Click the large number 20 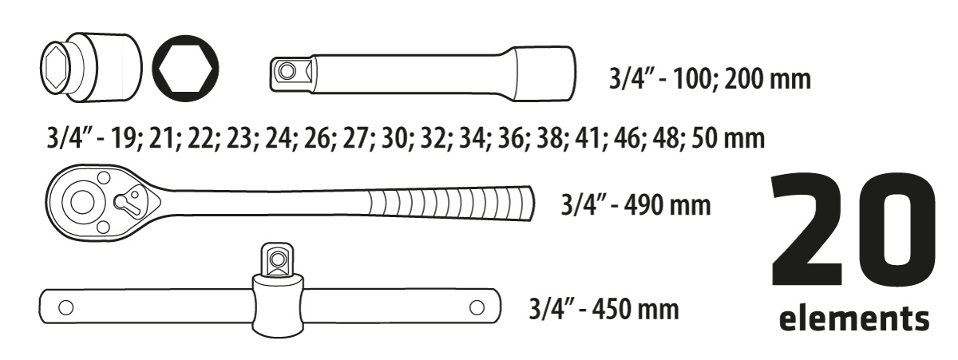[x=853, y=229]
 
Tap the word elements [x=854, y=319]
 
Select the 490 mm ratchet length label [x=635, y=205]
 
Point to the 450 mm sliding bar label [x=604, y=309]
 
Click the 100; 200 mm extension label [x=710, y=79]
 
